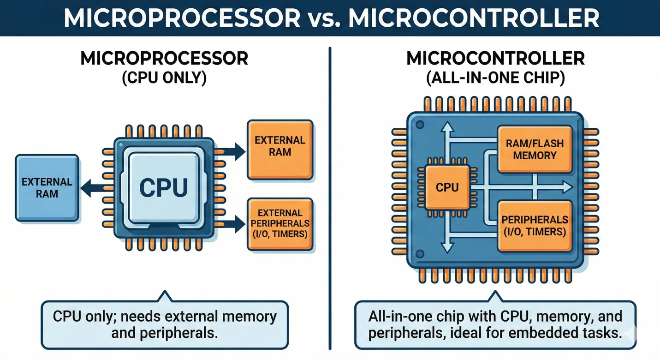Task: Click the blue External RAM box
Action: point(47,187)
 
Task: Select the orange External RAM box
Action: point(280,150)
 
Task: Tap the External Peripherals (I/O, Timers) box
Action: point(280,224)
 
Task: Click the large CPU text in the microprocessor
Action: point(164,187)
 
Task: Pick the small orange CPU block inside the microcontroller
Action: point(447,187)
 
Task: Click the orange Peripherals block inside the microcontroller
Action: point(534,225)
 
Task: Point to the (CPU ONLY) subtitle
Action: point(164,78)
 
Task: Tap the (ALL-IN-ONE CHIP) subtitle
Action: point(495,78)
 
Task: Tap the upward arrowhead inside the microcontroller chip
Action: point(446,127)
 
